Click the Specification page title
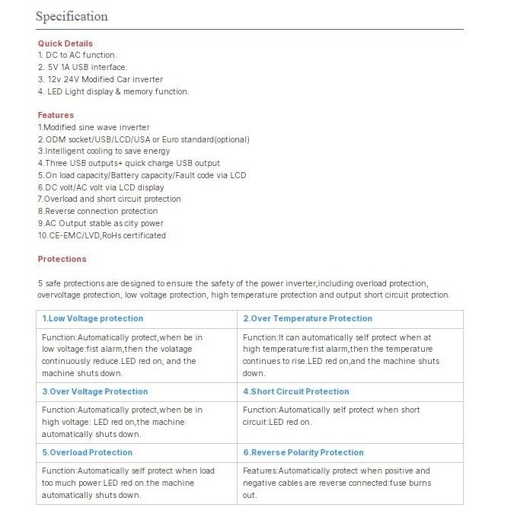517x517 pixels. (x=72, y=17)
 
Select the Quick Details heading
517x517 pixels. (x=65, y=43)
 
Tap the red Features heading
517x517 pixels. (x=56, y=115)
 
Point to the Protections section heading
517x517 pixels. (x=62, y=259)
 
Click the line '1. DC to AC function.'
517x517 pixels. (x=78, y=55)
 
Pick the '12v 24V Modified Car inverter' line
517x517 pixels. (x=101, y=79)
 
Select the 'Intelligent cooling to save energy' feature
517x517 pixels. (x=104, y=151)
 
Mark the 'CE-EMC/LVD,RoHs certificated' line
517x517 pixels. (x=102, y=235)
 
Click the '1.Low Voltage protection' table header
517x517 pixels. (x=92, y=318)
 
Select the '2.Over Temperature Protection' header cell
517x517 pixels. (x=308, y=318)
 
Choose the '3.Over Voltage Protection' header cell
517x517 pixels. (x=94, y=391)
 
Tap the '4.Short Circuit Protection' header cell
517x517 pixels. (x=296, y=391)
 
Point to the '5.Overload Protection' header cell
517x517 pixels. (x=87, y=452)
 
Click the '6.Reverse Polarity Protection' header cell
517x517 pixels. (x=304, y=452)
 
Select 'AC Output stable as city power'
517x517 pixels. (x=101, y=223)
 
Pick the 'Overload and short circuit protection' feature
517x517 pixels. (x=113, y=199)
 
